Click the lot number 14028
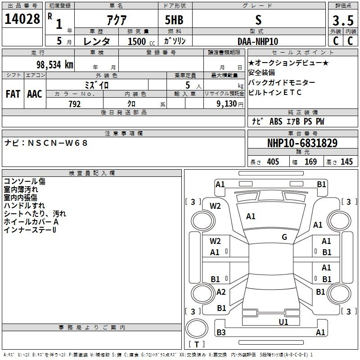tap(22, 19)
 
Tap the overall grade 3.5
tap(343, 20)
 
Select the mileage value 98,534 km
tap(55, 64)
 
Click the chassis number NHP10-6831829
tap(302, 143)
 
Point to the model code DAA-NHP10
tap(258, 41)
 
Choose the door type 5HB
tap(174, 20)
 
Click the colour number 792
tap(75, 104)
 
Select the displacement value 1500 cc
tap(141, 41)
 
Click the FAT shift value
tap(13, 94)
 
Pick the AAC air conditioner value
tap(35, 94)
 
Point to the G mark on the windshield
tap(284, 237)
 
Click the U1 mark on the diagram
tap(283, 322)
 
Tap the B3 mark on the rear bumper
tap(221, 332)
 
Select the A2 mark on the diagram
tap(221, 292)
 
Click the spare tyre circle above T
tap(197, 328)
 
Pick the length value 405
tap(273, 162)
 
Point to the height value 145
tap(346, 162)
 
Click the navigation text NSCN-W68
tap(58, 143)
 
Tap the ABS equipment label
tap(276, 121)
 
